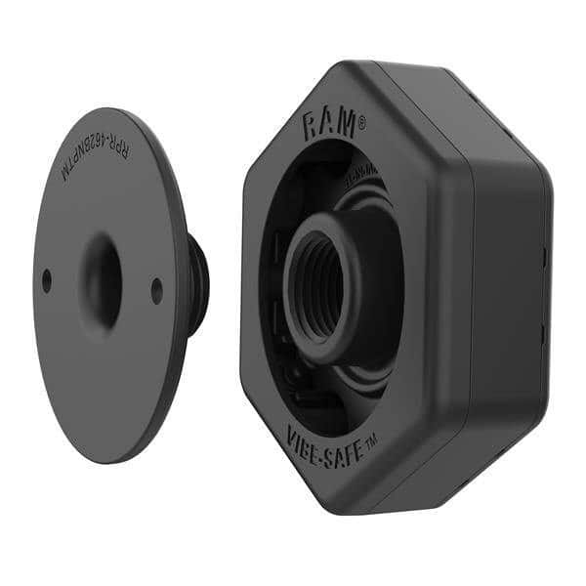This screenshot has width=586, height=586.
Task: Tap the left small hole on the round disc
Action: click(x=46, y=280)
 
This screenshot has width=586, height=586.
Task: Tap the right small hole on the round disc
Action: click(x=157, y=290)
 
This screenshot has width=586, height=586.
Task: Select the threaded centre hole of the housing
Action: click(x=325, y=284)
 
